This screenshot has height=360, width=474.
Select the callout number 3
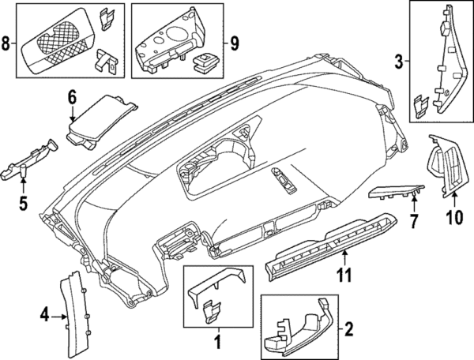pyautogui.click(x=399, y=60)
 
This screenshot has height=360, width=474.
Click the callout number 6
pyautogui.click(x=71, y=98)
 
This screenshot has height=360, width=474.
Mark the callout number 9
pyautogui.click(x=234, y=42)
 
